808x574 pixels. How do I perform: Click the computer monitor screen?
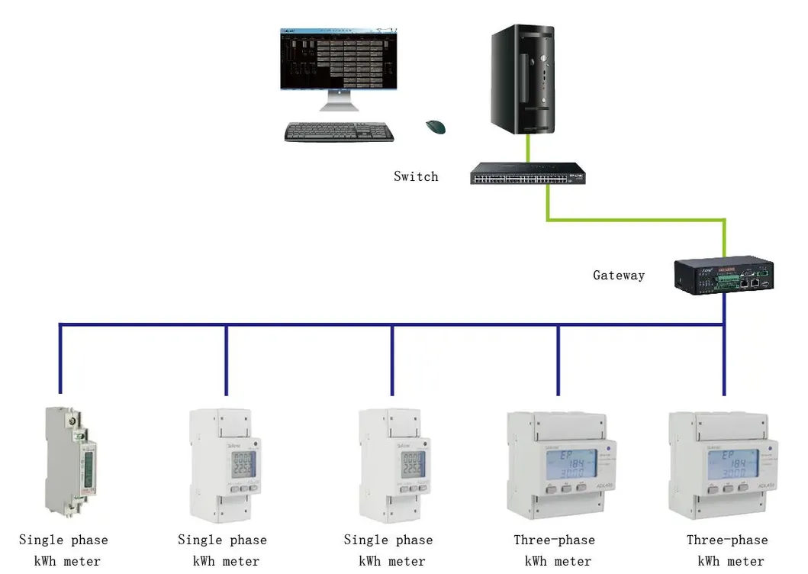[339, 60]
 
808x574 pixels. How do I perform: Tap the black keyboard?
[339, 132]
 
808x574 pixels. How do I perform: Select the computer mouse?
[435, 127]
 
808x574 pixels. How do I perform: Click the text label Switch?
[416, 176]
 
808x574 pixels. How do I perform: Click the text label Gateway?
[619, 276]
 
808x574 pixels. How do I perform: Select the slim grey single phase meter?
[69, 462]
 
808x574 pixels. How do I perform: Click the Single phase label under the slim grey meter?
[63, 540]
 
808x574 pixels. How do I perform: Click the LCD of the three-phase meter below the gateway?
[729, 463]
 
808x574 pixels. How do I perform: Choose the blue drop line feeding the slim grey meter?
[60, 363]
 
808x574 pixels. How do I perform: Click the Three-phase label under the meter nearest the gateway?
[726, 540]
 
